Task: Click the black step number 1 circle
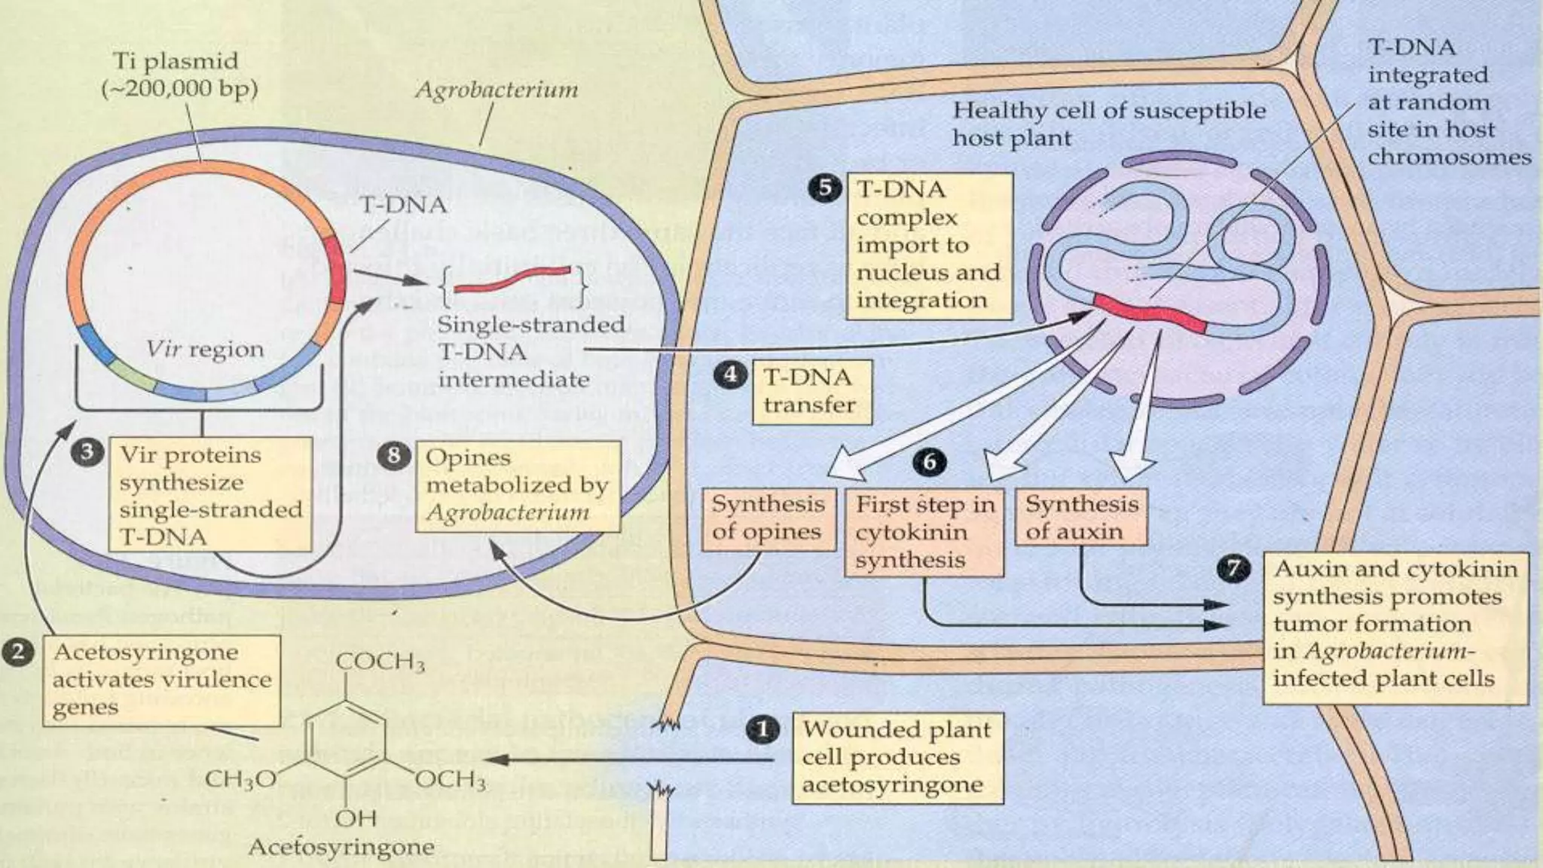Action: pyautogui.click(x=762, y=729)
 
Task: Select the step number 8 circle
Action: pyautogui.click(x=394, y=456)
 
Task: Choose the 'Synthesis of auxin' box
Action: pyautogui.click(x=1081, y=517)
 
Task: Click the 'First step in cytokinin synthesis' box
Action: pyautogui.click(x=924, y=532)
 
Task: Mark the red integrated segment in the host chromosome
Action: pyautogui.click(x=1150, y=313)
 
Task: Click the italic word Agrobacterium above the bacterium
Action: pyautogui.click(x=497, y=90)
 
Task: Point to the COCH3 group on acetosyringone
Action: pyautogui.click(x=380, y=662)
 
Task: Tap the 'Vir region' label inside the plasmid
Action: pyautogui.click(x=205, y=349)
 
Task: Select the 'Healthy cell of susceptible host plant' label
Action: pyautogui.click(x=1108, y=124)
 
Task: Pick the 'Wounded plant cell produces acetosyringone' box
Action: pyautogui.click(x=897, y=757)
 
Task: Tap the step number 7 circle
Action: pyautogui.click(x=1233, y=569)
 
